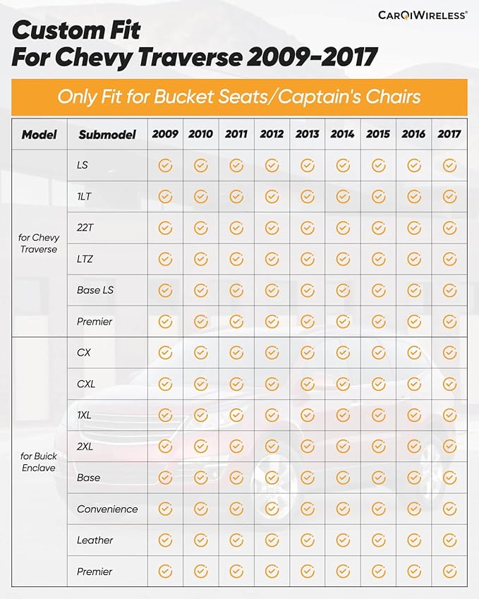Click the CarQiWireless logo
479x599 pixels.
[423, 16]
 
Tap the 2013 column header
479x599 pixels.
[307, 134]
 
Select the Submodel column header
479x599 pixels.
[107, 135]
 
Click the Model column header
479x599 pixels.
[39, 135]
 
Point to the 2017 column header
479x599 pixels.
[449, 134]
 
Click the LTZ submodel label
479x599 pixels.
[85, 259]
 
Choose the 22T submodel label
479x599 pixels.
[85, 228]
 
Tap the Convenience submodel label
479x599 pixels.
[107, 509]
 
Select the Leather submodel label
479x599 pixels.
[95, 540]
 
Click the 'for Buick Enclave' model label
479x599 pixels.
[39, 462]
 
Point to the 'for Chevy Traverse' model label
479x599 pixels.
[39, 243]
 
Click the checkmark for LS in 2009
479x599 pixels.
[165, 165]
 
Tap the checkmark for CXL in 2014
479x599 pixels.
[343, 384]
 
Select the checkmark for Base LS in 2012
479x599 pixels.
[272, 291]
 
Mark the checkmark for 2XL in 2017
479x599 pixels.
[449, 446]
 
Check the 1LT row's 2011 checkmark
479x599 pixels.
[236, 197]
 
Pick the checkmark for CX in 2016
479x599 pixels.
[414, 353]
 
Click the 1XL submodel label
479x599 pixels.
[84, 415]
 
